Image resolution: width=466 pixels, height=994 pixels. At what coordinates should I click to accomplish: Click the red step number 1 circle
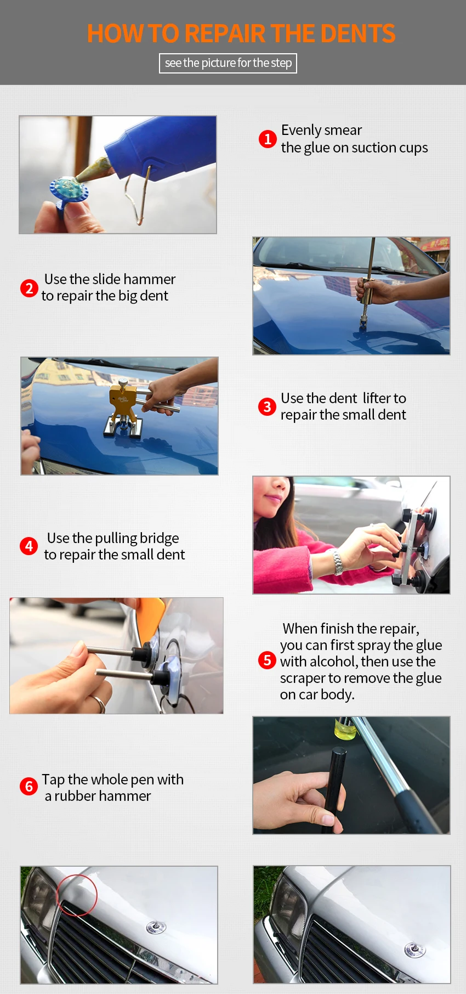(268, 139)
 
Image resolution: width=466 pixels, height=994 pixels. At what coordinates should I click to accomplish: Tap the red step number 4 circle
(29, 546)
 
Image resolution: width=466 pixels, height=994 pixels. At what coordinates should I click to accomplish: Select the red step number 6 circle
(29, 787)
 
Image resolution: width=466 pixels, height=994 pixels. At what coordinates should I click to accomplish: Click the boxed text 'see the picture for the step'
(228, 63)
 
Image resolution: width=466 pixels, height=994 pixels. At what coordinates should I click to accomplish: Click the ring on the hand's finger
(99, 703)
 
